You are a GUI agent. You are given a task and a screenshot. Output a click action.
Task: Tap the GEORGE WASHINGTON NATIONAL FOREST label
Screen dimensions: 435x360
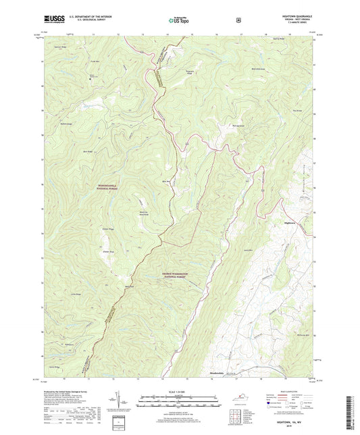[181, 275]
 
